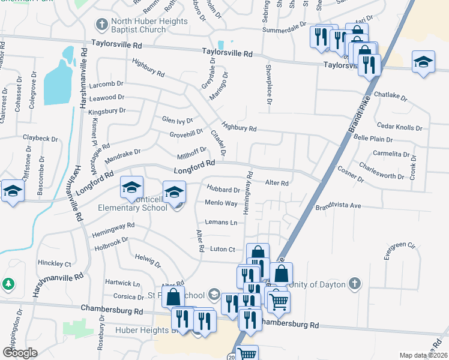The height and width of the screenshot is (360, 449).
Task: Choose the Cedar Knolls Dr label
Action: click(x=399, y=126)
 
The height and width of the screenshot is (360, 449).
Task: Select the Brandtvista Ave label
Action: click(x=339, y=206)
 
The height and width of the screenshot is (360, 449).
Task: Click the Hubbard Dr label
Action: click(x=223, y=190)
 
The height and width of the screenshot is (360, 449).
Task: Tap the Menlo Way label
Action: click(x=221, y=204)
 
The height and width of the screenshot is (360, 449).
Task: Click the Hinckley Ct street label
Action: click(x=54, y=263)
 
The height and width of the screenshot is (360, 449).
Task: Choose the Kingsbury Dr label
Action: click(x=107, y=111)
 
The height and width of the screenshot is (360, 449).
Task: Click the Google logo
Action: click(x=20, y=352)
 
